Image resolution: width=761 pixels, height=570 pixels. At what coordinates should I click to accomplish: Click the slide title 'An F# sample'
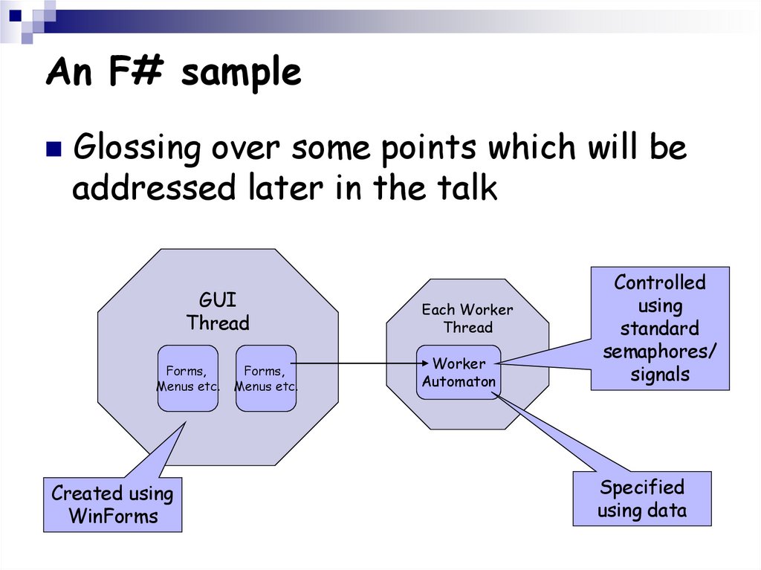tap(173, 73)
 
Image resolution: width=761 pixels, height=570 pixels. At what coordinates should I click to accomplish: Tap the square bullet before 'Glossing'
tap(54, 150)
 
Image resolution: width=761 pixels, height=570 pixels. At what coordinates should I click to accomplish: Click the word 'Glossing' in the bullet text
tap(137, 149)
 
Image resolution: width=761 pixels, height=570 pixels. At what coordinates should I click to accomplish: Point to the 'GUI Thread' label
tap(218, 312)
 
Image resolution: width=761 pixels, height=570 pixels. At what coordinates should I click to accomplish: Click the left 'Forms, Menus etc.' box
tap(187, 378)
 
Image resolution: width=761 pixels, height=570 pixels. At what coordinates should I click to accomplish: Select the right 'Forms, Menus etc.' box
tap(265, 378)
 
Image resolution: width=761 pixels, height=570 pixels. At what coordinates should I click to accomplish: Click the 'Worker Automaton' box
tap(459, 372)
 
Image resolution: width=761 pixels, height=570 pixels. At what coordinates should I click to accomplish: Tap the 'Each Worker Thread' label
tap(467, 318)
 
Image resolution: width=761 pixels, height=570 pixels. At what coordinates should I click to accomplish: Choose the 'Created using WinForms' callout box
tap(112, 505)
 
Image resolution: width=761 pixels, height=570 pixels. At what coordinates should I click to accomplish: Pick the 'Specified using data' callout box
tap(642, 499)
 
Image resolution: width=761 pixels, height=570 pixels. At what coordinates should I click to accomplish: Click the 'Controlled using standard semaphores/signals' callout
tap(660, 328)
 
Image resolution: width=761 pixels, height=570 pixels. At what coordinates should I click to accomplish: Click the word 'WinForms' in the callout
tap(113, 516)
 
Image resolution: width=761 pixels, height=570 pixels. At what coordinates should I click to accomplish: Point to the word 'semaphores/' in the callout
tap(660, 352)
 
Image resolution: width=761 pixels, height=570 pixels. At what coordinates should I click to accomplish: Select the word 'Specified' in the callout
tap(642, 488)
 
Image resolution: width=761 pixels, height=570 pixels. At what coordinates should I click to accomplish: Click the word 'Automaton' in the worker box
tap(459, 382)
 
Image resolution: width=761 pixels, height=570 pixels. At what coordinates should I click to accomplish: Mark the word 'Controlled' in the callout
tap(660, 282)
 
